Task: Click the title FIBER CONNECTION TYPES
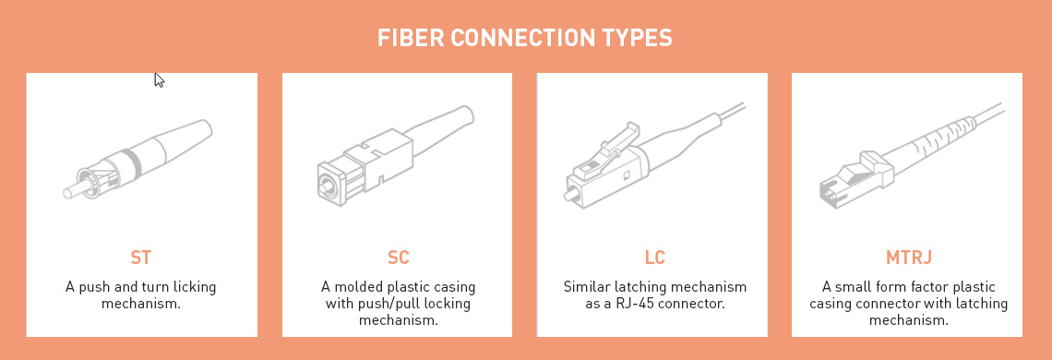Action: (x=524, y=38)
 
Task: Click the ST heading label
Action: (x=141, y=257)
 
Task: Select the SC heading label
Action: (x=398, y=257)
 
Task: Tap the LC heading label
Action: (x=653, y=257)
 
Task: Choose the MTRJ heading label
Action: (x=908, y=257)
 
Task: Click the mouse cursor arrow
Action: (x=159, y=79)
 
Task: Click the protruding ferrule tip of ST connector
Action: (x=72, y=191)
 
